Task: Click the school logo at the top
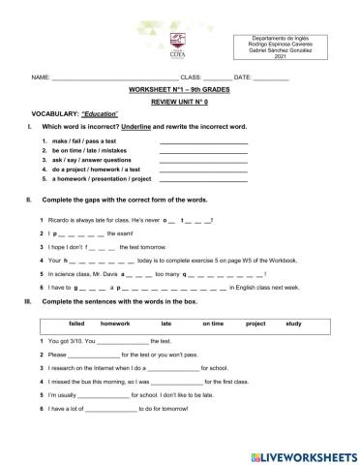pyautogui.click(x=176, y=43)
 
